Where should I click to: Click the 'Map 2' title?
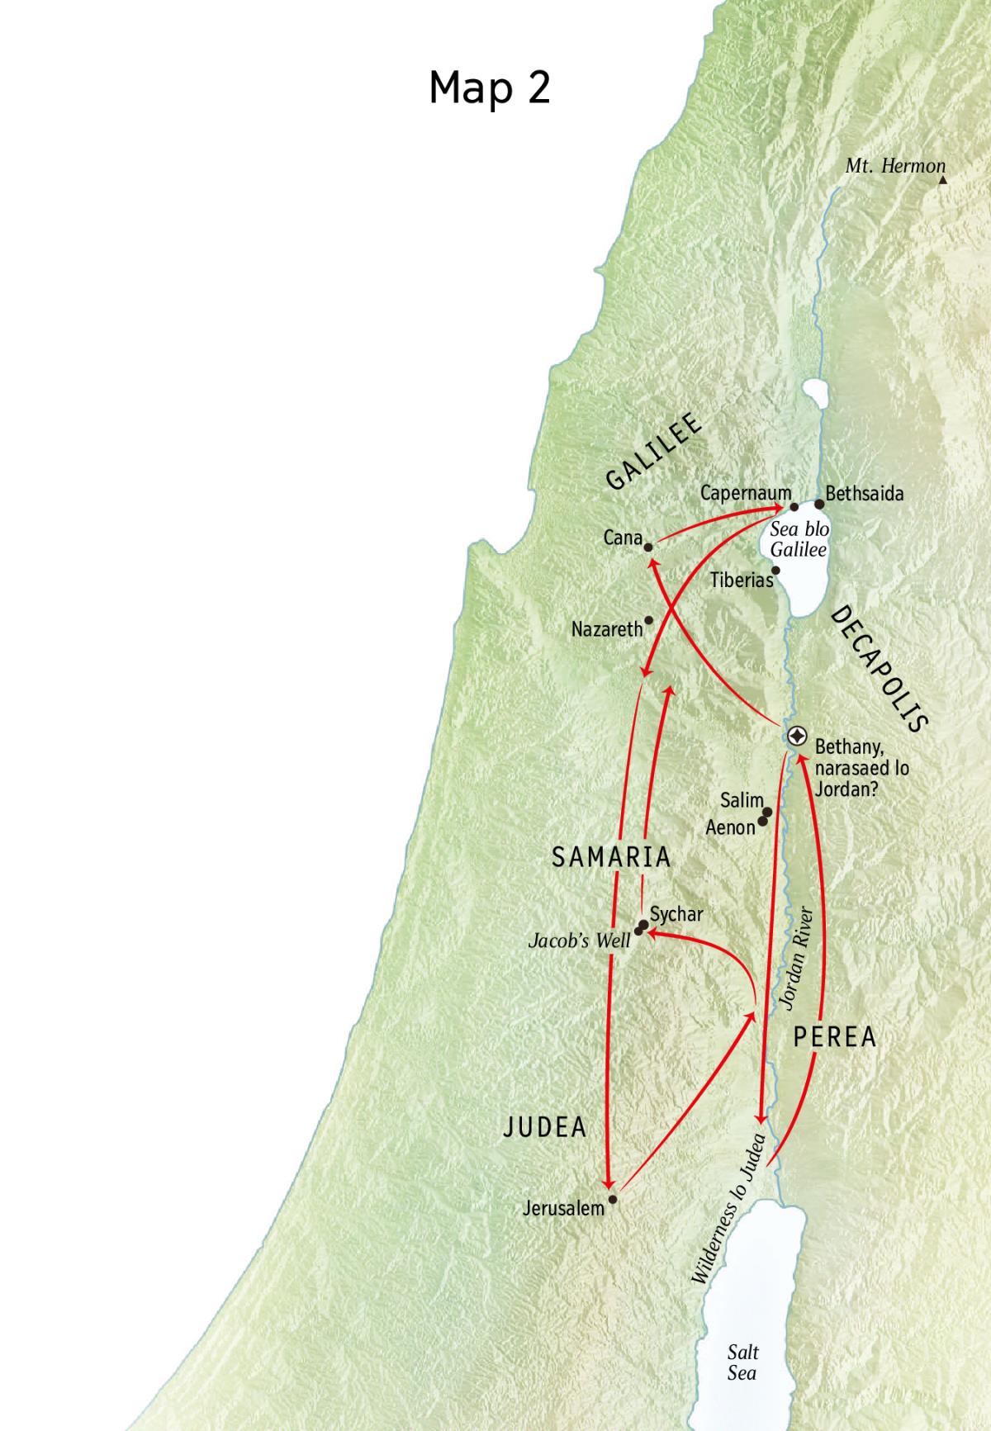click(x=489, y=87)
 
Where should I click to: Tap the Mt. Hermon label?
click(x=894, y=166)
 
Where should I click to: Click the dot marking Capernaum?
click(x=794, y=507)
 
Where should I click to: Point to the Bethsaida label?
click(x=864, y=494)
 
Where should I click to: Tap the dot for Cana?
click(x=649, y=547)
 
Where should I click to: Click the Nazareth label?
click(x=606, y=629)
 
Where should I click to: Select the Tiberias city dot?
click(x=775, y=570)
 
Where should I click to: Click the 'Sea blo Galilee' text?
click(x=798, y=539)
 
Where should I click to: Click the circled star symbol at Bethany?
click(x=797, y=736)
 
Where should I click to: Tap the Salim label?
click(x=741, y=800)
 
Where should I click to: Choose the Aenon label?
click(x=730, y=827)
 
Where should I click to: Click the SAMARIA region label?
click(x=611, y=857)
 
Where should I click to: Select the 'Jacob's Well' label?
click(x=579, y=941)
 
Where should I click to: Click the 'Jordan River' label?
click(x=798, y=958)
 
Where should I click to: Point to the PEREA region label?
click(x=834, y=1037)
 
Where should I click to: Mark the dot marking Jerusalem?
click(x=612, y=1198)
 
